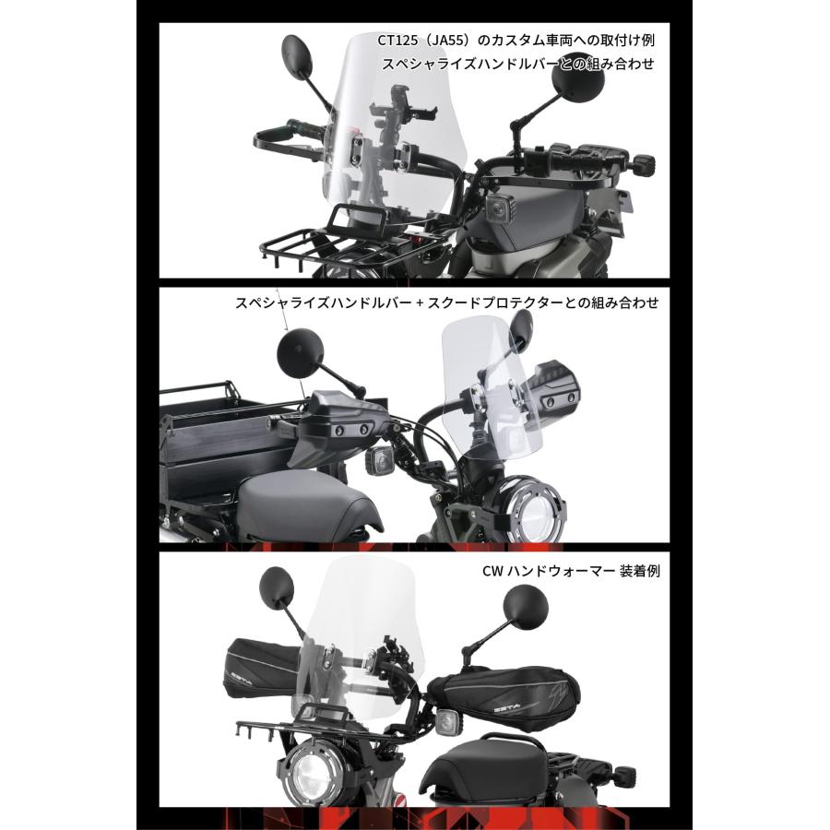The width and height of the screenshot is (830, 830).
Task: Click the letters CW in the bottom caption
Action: [492, 571]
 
